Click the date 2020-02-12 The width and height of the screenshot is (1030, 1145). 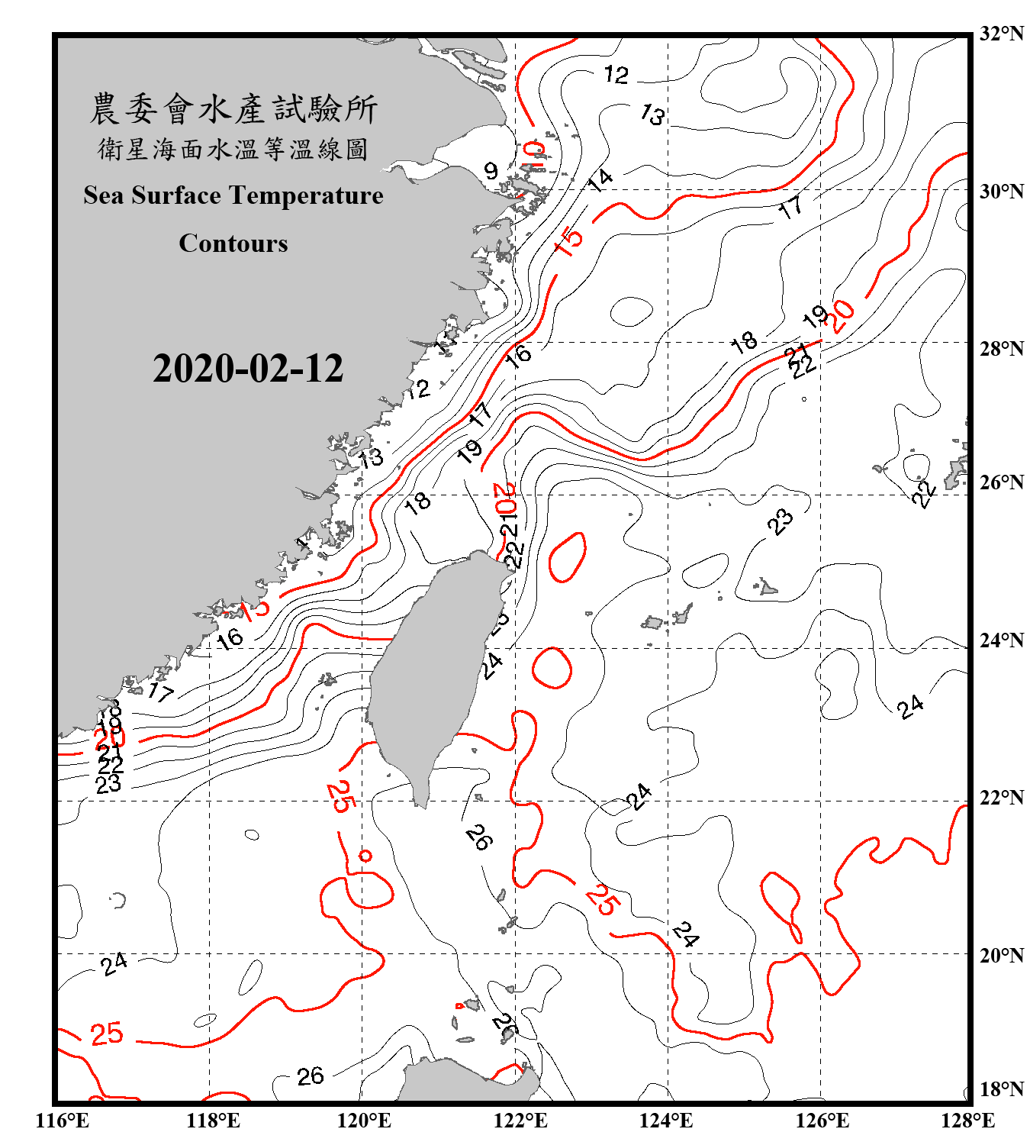(248, 369)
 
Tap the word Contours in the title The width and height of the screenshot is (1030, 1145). (233, 243)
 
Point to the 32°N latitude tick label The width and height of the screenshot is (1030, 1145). (1001, 34)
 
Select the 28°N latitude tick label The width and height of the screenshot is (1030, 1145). (1001, 349)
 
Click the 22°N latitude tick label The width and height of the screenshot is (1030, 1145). (1001, 798)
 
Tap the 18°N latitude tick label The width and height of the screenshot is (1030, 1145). (1001, 1089)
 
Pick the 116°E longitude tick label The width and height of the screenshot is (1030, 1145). (62, 1121)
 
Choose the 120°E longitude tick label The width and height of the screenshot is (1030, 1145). (364, 1121)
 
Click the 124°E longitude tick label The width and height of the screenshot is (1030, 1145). (666, 1121)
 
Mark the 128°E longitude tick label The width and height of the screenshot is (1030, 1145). (967, 1121)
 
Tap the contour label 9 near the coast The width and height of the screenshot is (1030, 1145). (491, 170)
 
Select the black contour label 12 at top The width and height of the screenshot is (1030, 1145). (616, 74)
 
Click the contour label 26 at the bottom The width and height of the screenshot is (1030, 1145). (310, 1076)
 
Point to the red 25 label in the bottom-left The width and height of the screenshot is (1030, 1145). (106, 1034)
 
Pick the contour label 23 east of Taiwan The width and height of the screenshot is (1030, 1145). (780, 522)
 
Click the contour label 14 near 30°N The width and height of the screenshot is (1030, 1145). (600, 180)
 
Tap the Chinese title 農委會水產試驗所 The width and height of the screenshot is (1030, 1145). (233, 109)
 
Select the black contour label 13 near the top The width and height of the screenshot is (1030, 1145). (652, 114)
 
